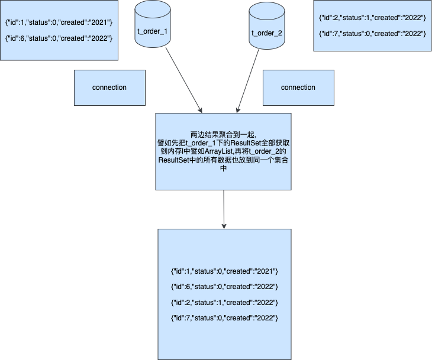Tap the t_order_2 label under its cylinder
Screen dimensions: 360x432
point(267,33)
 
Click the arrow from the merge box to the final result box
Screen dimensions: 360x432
point(224,209)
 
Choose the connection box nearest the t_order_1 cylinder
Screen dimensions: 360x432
point(109,87)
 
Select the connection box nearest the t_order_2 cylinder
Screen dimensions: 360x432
point(298,87)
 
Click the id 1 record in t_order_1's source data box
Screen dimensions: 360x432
point(59,22)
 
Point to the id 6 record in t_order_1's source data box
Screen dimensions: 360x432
point(59,39)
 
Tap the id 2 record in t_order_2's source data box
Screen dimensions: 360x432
point(372,18)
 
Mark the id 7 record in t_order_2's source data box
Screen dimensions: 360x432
point(372,35)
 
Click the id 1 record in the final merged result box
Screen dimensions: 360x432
point(224,271)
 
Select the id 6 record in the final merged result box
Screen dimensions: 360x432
point(224,287)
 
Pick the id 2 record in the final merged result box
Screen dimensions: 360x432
point(224,303)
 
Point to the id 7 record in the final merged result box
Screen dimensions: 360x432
point(224,319)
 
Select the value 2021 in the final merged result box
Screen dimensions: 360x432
point(265,271)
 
